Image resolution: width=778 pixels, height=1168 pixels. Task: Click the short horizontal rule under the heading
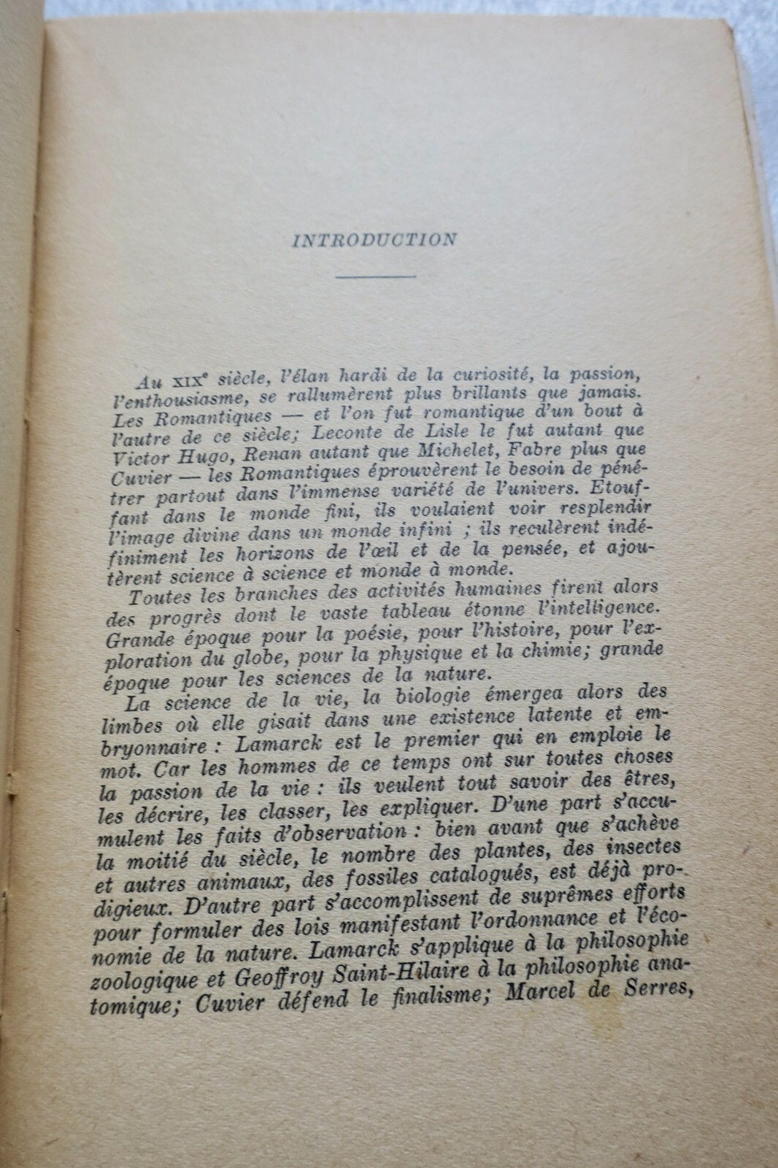click(374, 276)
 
